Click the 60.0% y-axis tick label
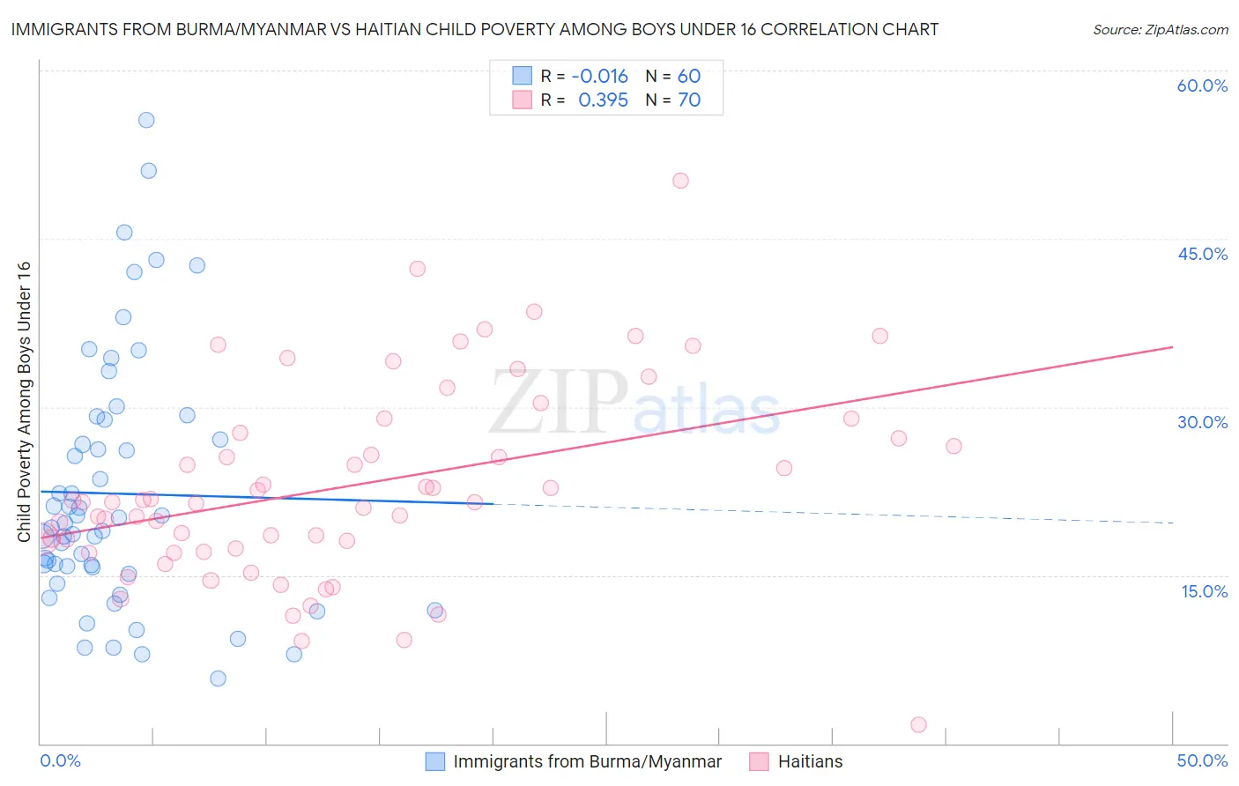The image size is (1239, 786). coord(1202,85)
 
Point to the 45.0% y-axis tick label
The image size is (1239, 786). coord(1202,254)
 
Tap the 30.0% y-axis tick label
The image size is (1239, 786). coord(1202,422)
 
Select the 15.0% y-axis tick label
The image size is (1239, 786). coord(1204,591)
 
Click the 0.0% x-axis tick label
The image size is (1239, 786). coord(60,760)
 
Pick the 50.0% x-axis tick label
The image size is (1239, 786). coord(1202,760)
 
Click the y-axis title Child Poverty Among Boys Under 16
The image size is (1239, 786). coord(24,402)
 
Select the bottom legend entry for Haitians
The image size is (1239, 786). coord(810,761)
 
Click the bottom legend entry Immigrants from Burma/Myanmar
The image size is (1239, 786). coord(587,761)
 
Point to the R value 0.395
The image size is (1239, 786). coord(603,100)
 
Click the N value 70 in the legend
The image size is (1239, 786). coord(689,100)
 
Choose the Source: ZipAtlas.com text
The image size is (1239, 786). coord(1160,29)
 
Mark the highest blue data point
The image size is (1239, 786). coord(146,120)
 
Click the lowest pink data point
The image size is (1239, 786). coord(918,724)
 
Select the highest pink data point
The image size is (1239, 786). coord(680,181)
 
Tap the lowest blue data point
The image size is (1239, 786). coord(218,678)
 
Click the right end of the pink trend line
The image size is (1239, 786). coord(1172,347)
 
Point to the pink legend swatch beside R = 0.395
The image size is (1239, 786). coord(523,100)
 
